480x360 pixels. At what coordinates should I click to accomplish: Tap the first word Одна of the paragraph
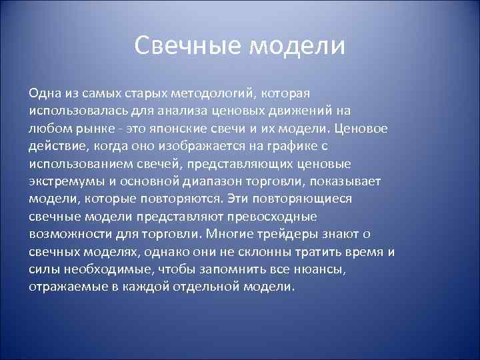44,91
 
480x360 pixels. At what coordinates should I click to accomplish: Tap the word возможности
69,235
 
